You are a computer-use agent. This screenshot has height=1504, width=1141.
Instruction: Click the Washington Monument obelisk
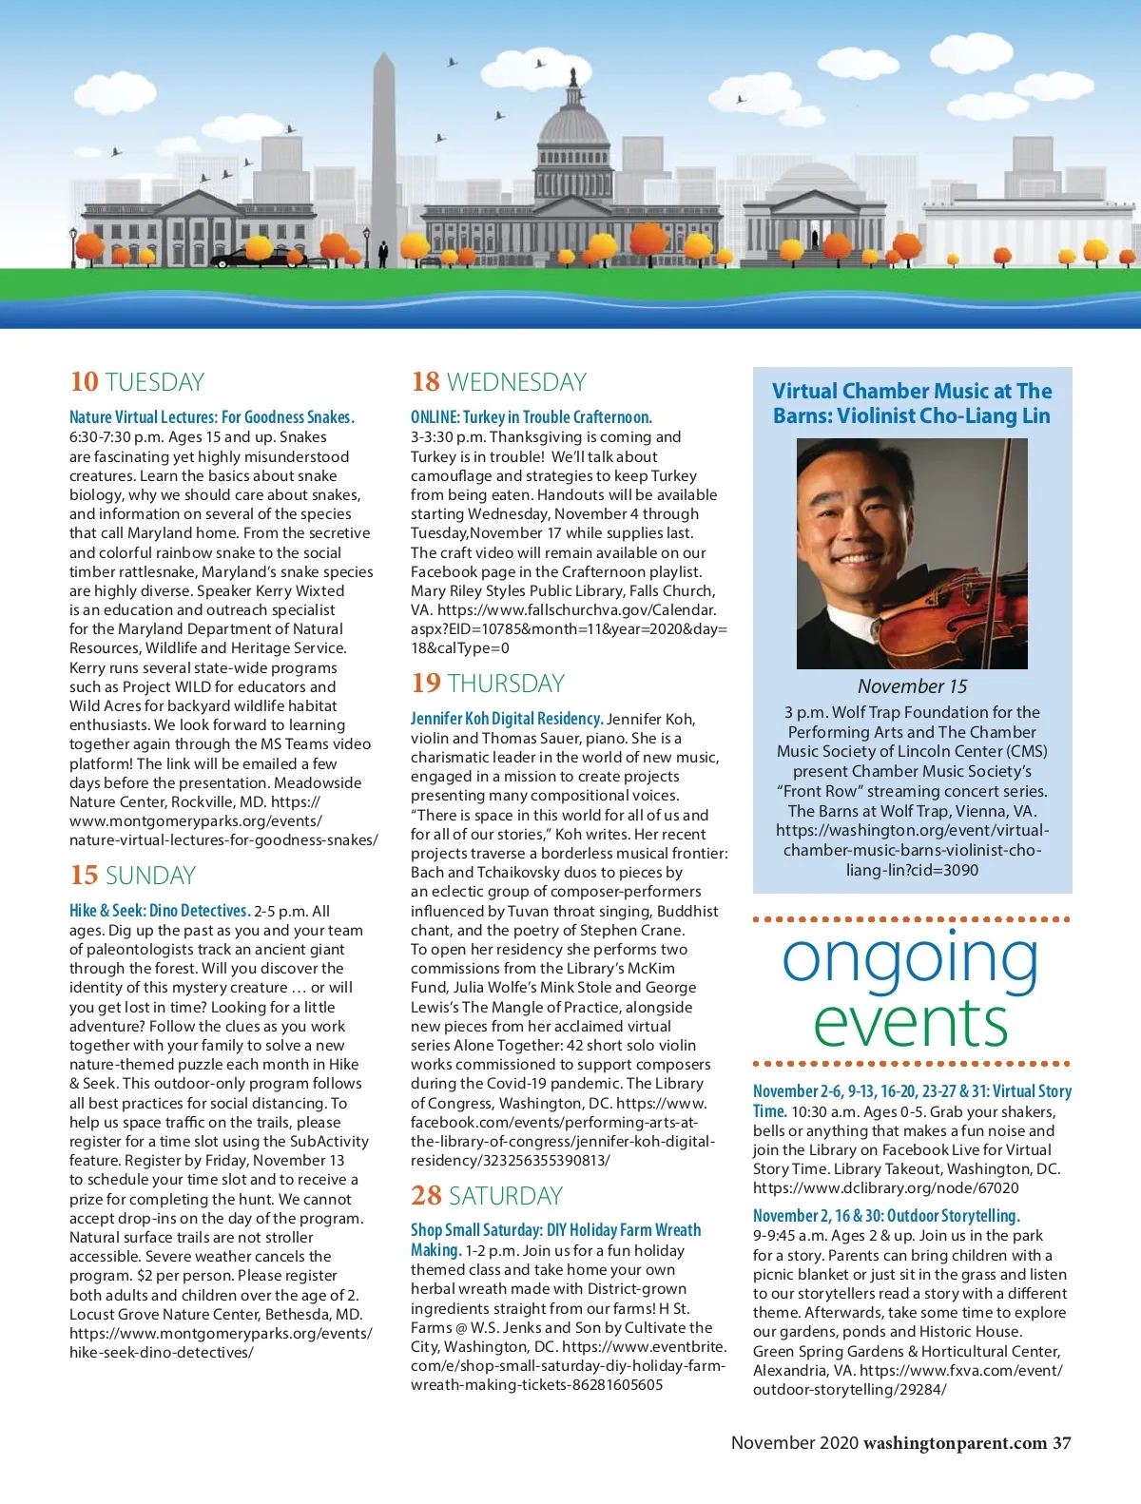pyautogui.click(x=383, y=152)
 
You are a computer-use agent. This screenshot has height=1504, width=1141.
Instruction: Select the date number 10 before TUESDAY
pyautogui.click(x=84, y=382)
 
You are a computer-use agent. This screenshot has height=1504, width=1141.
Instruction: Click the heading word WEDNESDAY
pyautogui.click(x=516, y=382)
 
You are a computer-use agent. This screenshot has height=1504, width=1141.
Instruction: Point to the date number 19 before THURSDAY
pyautogui.click(x=426, y=684)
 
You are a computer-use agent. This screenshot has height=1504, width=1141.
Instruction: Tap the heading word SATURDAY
pyautogui.click(x=506, y=1196)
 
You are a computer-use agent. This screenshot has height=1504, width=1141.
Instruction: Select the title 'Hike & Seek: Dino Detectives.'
pyautogui.click(x=160, y=911)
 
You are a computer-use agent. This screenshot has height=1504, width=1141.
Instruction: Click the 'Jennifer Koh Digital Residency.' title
pyautogui.click(x=507, y=719)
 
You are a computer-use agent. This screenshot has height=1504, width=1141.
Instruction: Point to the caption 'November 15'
pyautogui.click(x=912, y=686)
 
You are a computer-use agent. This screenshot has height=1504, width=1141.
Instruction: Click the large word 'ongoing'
pyautogui.click(x=910, y=959)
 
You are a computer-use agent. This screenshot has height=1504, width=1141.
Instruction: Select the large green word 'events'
pyautogui.click(x=910, y=1023)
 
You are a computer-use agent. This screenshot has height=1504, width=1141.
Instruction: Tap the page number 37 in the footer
pyautogui.click(x=1061, y=1443)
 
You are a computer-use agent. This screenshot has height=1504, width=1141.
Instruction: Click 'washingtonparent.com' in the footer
pyautogui.click(x=955, y=1443)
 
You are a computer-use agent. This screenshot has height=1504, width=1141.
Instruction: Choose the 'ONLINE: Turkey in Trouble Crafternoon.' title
pyautogui.click(x=531, y=417)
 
